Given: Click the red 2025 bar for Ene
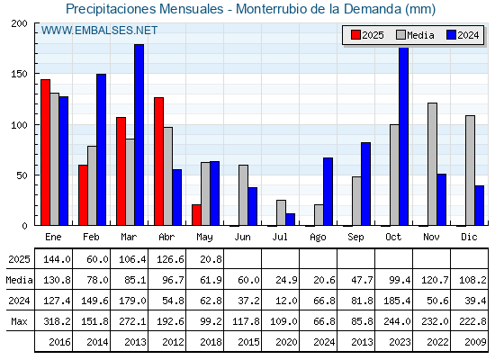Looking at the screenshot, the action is [45, 152].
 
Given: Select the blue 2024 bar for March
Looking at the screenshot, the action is [139, 135].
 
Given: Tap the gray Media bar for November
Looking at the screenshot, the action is [432, 164].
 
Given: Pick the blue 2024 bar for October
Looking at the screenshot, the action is [404, 136].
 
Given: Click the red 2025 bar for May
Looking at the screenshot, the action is [196, 215].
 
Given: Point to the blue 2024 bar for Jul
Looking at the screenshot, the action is [290, 220].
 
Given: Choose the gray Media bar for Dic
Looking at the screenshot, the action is [470, 170].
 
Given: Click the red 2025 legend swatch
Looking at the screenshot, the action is [355, 35].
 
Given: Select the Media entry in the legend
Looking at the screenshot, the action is [415, 35].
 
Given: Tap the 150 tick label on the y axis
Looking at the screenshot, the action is [20, 74].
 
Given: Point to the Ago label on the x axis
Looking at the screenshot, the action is [318, 238].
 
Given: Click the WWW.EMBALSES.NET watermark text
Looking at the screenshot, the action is [99, 31].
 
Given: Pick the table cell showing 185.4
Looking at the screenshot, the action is [397, 301].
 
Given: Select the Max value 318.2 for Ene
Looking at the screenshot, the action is [57, 321].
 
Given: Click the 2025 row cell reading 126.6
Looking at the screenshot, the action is [170, 259].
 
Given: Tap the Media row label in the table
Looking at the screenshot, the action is [19, 280].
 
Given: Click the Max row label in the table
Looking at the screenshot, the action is [19, 321].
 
